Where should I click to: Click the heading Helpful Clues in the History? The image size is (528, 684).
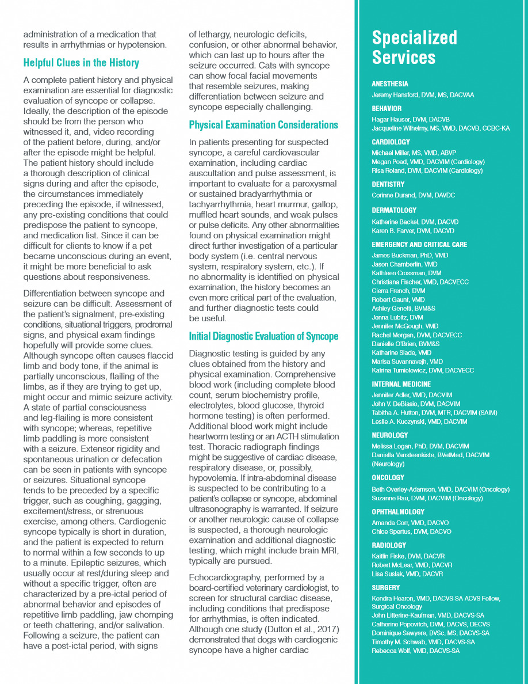click(81, 63)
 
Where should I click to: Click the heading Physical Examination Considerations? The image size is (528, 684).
click(263, 125)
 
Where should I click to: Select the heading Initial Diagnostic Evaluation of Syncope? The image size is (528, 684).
click(263, 336)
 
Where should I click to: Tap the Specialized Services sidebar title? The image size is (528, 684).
click(414, 48)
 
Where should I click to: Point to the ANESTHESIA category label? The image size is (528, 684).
click(390, 84)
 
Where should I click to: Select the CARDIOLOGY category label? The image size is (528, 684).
click(391, 142)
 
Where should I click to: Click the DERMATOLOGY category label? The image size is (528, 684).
click(394, 211)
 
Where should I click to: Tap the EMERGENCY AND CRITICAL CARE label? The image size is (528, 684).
click(419, 245)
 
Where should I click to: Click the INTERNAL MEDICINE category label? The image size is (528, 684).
click(401, 385)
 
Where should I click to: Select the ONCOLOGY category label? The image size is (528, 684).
click(388, 478)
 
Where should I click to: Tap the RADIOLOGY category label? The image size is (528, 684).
click(389, 545)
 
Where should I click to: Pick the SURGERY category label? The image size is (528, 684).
click(386, 588)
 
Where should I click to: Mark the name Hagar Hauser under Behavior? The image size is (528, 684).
click(390, 119)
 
